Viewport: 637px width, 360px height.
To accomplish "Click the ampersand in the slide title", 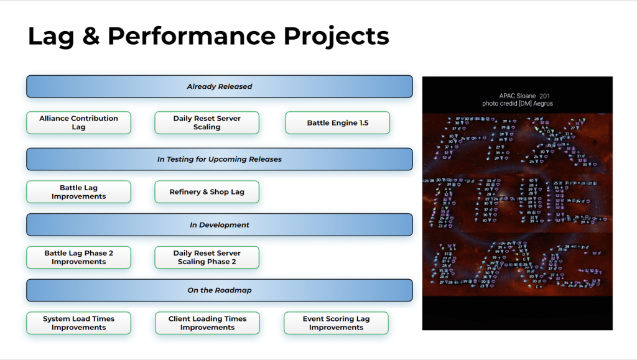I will [90, 36].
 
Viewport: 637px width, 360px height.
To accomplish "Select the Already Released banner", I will [219, 86].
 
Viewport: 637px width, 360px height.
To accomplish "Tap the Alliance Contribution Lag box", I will [78, 122].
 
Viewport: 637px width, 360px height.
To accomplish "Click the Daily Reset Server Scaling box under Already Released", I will [207, 122].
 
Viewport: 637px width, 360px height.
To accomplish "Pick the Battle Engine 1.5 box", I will [337, 122].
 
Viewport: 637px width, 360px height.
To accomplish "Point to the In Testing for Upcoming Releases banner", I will [219, 159].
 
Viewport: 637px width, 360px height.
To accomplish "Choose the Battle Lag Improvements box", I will [78, 192].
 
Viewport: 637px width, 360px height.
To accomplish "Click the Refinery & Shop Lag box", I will [207, 192].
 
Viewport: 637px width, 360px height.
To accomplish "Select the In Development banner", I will [219, 224].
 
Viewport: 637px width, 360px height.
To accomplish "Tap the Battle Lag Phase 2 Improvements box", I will [78, 257].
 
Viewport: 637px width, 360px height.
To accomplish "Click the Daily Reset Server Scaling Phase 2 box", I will [207, 257].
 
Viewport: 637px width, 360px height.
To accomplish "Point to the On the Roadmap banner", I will [219, 290].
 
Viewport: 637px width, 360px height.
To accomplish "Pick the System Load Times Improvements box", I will [78, 323].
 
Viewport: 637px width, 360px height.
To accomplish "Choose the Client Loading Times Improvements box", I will [207, 323].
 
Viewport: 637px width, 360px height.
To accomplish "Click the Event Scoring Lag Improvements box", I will [336, 323].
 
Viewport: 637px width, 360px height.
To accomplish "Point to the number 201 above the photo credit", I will [546, 96].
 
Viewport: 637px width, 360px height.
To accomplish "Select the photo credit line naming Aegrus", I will [517, 103].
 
